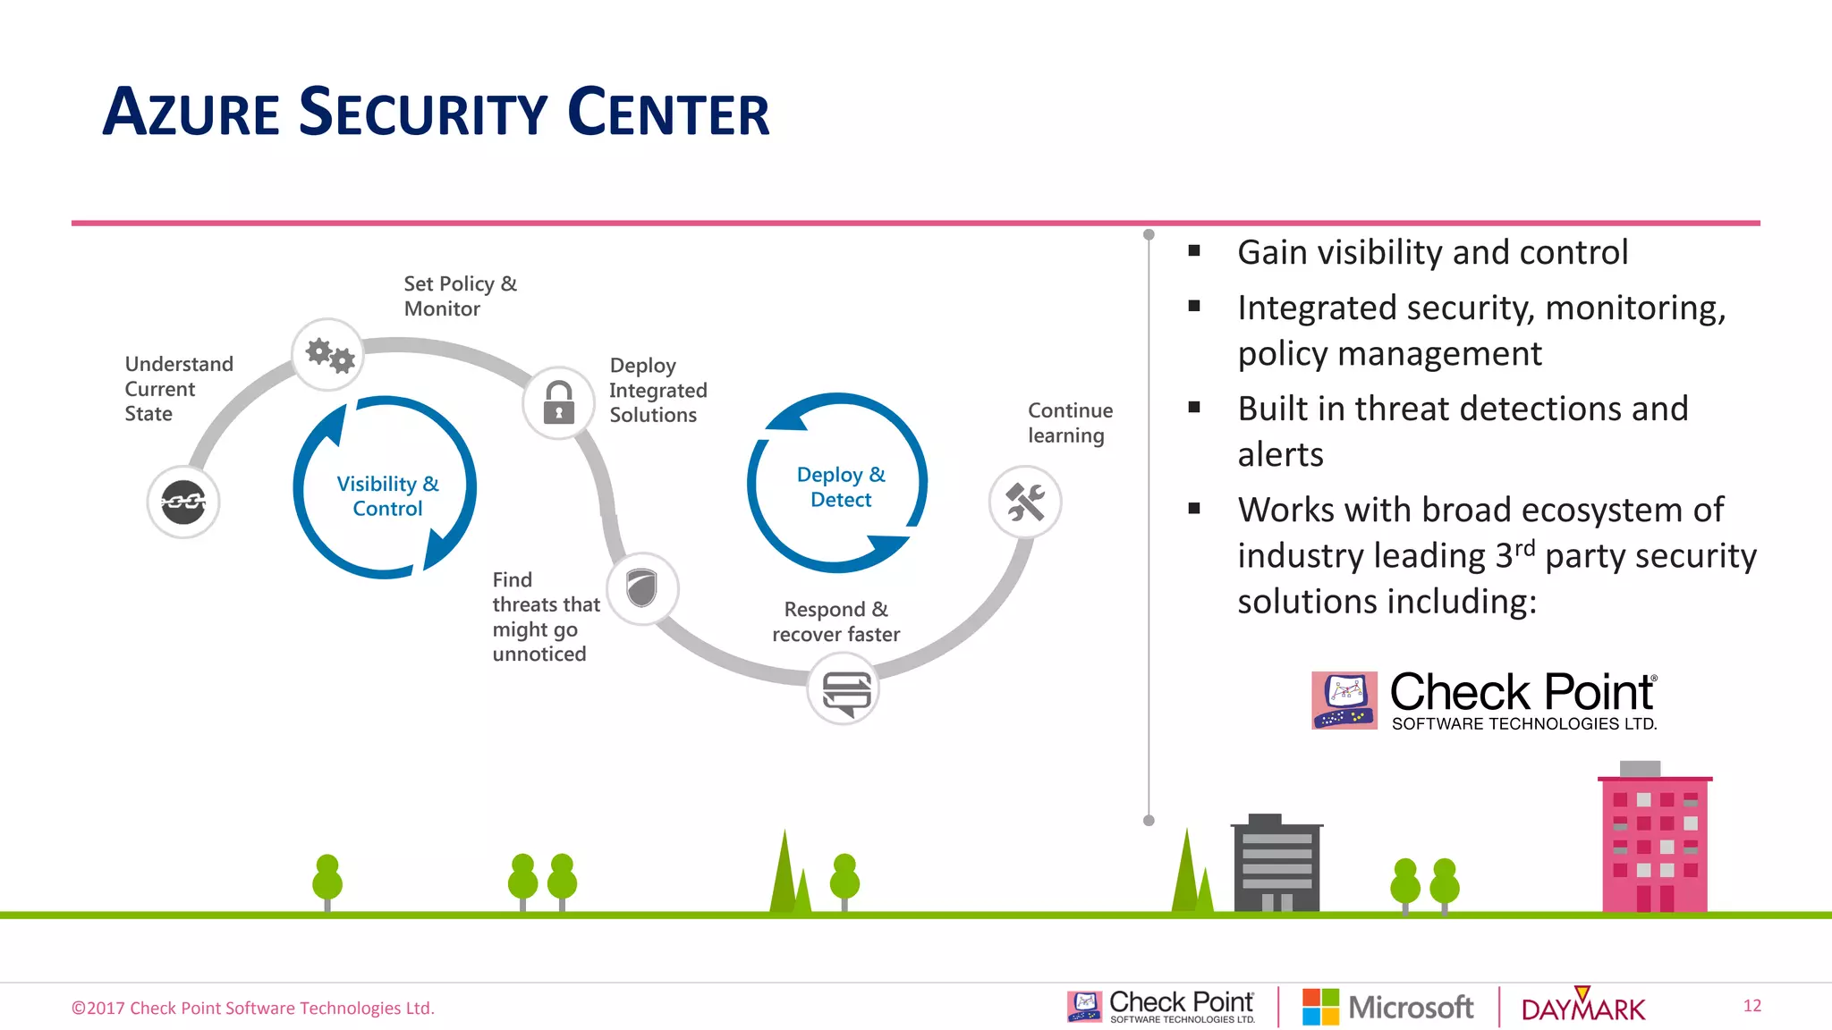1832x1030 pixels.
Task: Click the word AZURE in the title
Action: (x=191, y=114)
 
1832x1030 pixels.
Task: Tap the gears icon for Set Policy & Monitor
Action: (x=328, y=355)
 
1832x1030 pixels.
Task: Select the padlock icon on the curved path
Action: (x=559, y=403)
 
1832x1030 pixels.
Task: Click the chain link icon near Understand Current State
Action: (x=183, y=502)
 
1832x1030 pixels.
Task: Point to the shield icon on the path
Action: (x=642, y=588)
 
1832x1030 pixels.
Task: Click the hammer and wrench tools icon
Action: (x=1025, y=502)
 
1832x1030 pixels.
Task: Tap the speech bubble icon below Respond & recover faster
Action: (x=844, y=690)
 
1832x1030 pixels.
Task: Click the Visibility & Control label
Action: (x=387, y=496)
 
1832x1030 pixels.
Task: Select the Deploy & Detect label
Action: (x=841, y=487)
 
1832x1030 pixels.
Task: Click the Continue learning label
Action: (x=1070, y=423)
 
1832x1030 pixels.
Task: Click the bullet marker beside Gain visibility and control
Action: (x=1194, y=252)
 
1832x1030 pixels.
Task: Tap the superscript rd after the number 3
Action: (x=1524, y=547)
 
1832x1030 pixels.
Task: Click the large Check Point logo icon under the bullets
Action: (x=1344, y=700)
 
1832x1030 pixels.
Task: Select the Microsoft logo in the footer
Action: (x=1387, y=1007)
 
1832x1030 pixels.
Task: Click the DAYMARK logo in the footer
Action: (x=1582, y=1008)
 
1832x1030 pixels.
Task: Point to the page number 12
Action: (x=1751, y=1006)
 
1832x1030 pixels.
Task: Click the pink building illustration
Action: (x=1655, y=840)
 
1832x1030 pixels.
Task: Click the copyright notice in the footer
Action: (x=253, y=1009)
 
